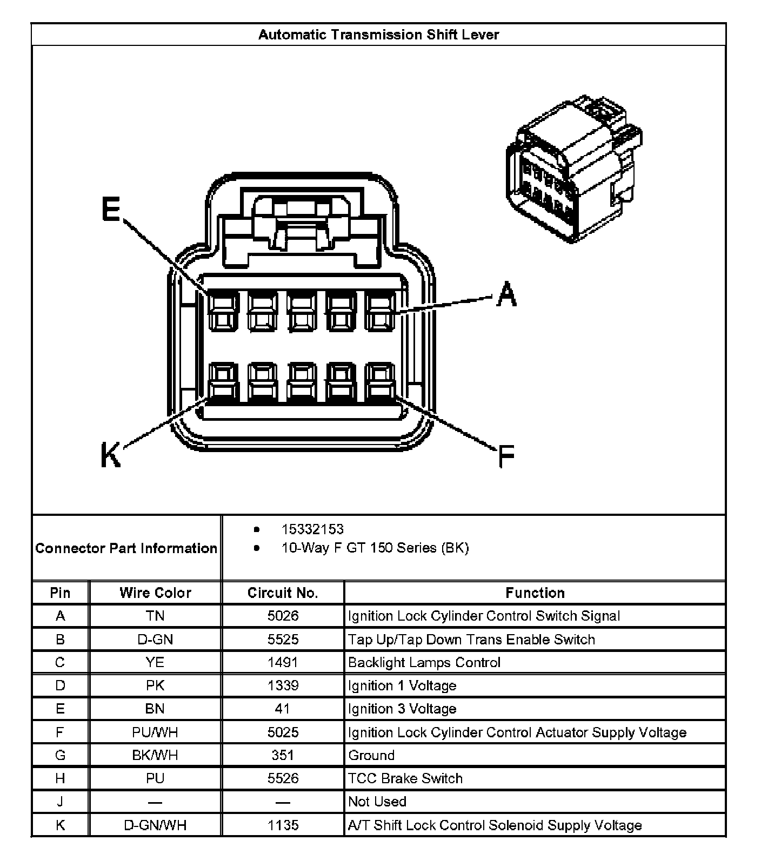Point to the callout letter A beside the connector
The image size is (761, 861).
click(506, 294)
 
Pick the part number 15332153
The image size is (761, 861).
click(312, 529)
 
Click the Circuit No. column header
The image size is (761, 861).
click(283, 593)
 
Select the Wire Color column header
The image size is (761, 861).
click(155, 593)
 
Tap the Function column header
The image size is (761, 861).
click(535, 593)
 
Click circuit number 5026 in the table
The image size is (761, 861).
click(283, 616)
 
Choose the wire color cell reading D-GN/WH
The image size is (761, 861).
click(155, 825)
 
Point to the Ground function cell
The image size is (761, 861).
click(371, 755)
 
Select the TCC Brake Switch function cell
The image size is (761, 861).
click(405, 778)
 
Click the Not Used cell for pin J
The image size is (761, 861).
click(377, 802)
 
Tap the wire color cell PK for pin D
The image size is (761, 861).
click(155, 685)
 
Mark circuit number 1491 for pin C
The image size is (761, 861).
click(283, 662)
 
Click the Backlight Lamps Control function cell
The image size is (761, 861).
click(424, 662)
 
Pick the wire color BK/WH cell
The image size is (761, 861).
click(155, 755)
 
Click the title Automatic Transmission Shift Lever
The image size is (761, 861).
click(378, 35)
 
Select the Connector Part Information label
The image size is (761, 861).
click(126, 548)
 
